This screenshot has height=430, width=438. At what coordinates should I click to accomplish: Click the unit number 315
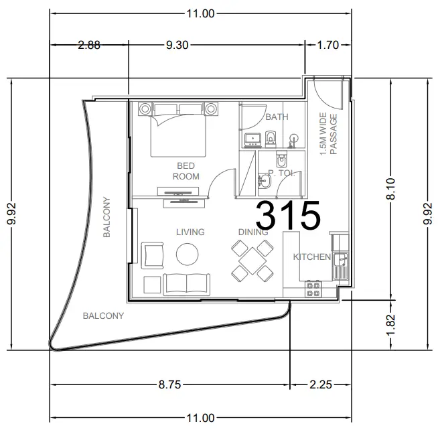click(288, 214)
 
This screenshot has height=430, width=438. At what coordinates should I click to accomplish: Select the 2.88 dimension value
click(89, 45)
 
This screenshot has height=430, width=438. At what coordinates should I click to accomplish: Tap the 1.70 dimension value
click(327, 45)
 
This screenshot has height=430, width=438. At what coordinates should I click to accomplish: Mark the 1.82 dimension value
click(392, 325)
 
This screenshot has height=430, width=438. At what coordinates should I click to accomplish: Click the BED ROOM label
click(186, 171)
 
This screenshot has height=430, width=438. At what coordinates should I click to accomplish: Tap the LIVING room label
click(190, 232)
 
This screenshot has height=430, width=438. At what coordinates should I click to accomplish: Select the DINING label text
click(252, 232)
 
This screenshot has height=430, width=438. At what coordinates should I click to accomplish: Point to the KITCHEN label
click(311, 257)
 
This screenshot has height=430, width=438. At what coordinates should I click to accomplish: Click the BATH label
click(277, 117)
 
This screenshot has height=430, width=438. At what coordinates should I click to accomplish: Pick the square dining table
click(252, 261)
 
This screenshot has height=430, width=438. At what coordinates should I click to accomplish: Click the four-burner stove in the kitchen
click(313, 289)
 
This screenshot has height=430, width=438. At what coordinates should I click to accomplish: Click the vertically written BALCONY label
click(106, 217)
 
